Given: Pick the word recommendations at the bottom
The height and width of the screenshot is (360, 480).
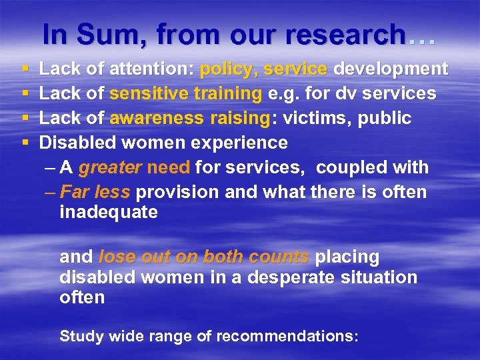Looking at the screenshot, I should pyautogui.click(x=277, y=335).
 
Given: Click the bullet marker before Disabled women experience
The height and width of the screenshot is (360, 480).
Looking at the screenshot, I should pyautogui.click(x=25, y=143).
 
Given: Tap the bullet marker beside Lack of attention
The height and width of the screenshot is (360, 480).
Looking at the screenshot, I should pyautogui.click(x=25, y=69).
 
